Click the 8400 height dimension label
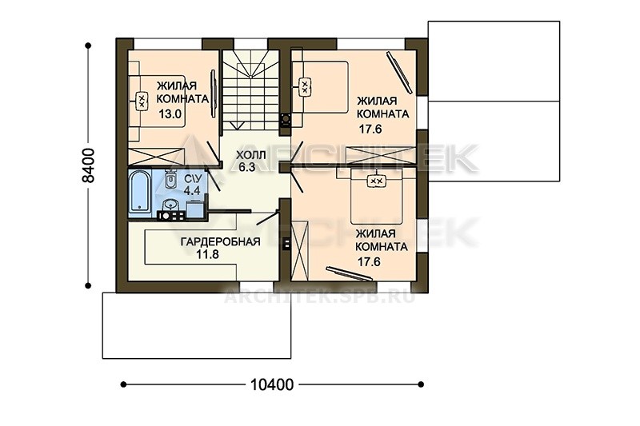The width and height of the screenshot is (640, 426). click(x=88, y=165)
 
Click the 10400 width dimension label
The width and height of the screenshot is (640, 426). click(x=272, y=384)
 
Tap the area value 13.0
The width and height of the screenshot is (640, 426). click(x=170, y=113)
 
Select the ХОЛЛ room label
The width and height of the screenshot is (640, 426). click(x=250, y=155)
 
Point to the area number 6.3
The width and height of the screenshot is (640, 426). click(x=247, y=167)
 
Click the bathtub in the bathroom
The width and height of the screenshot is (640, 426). click(x=139, y=192)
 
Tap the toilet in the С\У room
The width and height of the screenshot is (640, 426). click(x=170, y=180)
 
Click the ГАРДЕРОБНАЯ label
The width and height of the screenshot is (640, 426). click(x=221, y=241)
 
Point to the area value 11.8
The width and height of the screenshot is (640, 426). click(x=207, y=255)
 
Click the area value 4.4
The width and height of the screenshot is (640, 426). click(x=192, y=190)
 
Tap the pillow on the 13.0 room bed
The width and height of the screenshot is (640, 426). click(x=142, y=101)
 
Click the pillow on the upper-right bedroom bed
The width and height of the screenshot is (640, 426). click(x=305, y=87)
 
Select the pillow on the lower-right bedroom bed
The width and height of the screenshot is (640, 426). click(x=376, y=181)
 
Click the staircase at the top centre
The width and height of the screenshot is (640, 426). click(x=250, y=90)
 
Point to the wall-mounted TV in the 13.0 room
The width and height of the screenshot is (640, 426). click(x=213, y=94)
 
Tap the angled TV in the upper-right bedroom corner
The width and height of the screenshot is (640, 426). click(x=399, y=71)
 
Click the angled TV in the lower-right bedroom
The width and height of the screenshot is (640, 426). click(x=350, y=273)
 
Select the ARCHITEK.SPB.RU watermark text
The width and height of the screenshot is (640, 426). click(x=319, y=296)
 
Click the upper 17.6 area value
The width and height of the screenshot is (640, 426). click(x=370, y=129)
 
